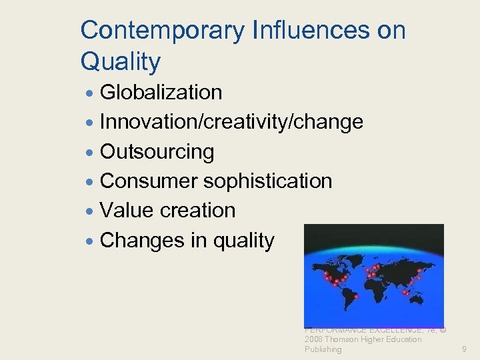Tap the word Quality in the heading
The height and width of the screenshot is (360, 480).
click(x=121, y=62)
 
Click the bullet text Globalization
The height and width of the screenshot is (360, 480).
click(x=161, y=92)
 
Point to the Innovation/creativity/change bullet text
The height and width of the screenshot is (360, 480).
click(x=231, y=122)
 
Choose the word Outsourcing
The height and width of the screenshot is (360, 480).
click(x=157, y=152)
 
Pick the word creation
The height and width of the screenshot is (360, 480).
click(x=198, y=211)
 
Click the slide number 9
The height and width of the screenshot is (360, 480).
click(x=465, y=349)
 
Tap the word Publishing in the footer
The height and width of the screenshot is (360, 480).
click(x=323, y=349)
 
